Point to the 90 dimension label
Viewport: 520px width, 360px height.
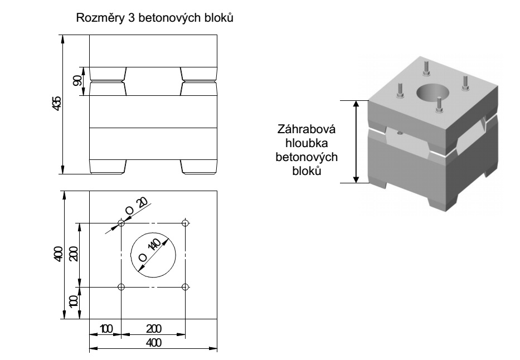point(77,80)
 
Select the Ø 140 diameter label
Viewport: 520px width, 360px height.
point(149,250)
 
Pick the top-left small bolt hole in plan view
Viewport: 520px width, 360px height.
point(122,223)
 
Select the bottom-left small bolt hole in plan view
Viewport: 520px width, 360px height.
point(122,287)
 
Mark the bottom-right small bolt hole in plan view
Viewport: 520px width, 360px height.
point(186,287)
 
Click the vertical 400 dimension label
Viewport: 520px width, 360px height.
point(57,255)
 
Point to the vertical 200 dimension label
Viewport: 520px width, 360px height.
point(73,255)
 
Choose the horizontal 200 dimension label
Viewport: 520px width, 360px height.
point(153,329)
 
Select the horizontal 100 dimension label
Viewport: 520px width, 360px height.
point(105,329)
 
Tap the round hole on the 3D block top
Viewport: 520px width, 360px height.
point(431,93)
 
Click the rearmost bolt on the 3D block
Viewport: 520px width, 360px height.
point(426,67)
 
